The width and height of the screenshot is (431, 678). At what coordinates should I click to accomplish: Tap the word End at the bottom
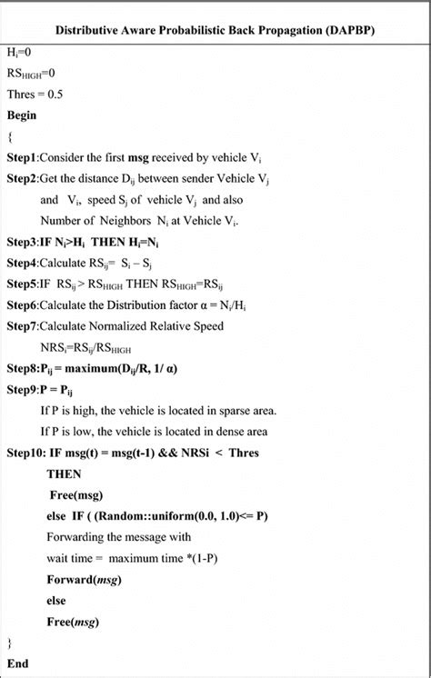[x=18, y=663]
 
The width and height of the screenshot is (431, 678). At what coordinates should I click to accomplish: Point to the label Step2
[x=25, y=179]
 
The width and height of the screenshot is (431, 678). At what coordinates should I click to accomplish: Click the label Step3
[x=25, y=243]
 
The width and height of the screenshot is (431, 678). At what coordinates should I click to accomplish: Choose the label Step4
[x=25, y=264]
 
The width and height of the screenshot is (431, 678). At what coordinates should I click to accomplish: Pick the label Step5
[x=25, y=284]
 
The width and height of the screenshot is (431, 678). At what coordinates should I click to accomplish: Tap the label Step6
[x=25, y=304]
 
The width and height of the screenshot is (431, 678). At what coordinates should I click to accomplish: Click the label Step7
[x=25, y=324]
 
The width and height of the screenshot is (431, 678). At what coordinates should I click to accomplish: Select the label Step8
[x=25, y=368]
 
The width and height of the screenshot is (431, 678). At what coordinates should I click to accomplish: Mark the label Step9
[x=25, y=389]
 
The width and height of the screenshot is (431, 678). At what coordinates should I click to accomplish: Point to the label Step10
[x=27, y=452]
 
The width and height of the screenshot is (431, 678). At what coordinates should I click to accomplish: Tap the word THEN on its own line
[x=64, y=474]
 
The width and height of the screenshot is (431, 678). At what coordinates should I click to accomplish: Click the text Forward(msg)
[x=84, y=579]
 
